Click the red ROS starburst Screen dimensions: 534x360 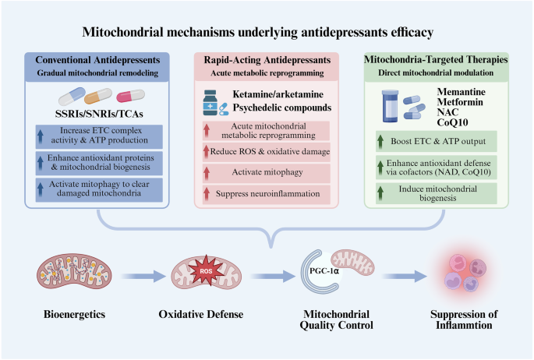click(x=206, y=270)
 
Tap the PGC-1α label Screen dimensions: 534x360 click(x=324, y=271)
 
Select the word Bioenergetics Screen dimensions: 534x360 click(x=74, y=314)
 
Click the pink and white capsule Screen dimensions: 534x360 click(x=130, y=96)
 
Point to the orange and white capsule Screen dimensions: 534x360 click(x=98, y=96)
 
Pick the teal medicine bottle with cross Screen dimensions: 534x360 click(x=210, y=103)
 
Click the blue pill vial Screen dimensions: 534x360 click(x=390, y=106)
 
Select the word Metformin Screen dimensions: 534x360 click(x=460, y=102)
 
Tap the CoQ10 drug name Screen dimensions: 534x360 click(x=452, y=122)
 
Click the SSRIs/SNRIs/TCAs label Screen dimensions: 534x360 click(x=99, y=114)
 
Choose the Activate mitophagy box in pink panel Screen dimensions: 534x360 click(x=267, y=172)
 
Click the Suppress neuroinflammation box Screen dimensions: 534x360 click(x=267, y=194)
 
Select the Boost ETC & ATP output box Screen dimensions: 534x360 click(x=437, y=141)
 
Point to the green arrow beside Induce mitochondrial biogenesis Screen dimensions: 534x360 click(x=380, y=193)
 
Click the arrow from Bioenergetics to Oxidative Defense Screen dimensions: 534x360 click(x=143, y=276)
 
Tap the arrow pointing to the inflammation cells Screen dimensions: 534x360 click(x=404, y=276)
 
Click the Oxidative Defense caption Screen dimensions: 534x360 click(x=201, y=314)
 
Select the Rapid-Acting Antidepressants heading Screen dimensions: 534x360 click(x=267, y=60)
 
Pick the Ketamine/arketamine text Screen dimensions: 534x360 click(x=278, y=94)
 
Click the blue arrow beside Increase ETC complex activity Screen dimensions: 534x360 click(x=41, y=136)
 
